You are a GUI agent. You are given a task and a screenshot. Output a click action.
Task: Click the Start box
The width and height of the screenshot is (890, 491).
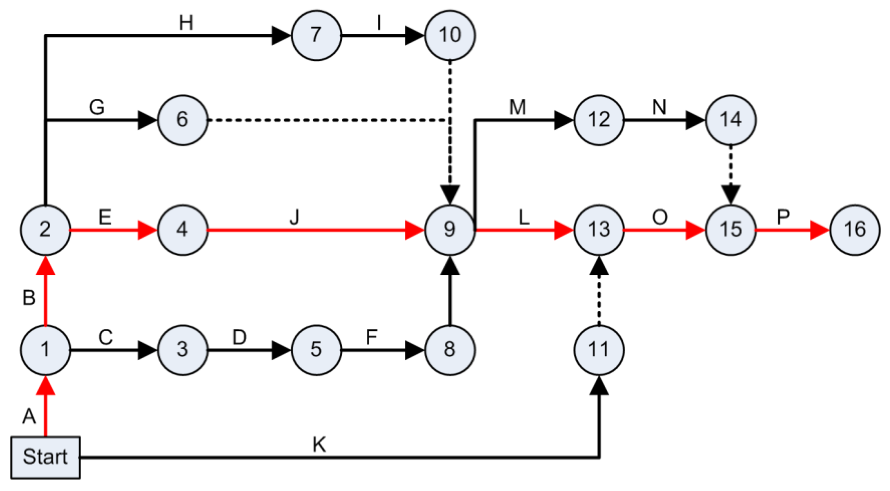(45, 458)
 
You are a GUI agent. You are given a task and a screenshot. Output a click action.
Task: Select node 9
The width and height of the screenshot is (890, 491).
(449, 230)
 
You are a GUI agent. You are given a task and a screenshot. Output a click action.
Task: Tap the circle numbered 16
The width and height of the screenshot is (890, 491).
(855, 230)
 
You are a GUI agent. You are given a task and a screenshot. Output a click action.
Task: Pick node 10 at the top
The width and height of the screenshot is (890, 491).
(449, 35)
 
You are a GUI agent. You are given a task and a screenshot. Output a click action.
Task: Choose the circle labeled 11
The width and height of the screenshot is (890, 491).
(599, 349)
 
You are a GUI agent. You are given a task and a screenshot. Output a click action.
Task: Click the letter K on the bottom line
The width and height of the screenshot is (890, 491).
(319, 445)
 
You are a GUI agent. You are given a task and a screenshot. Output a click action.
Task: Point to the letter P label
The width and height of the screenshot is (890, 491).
(783, 217)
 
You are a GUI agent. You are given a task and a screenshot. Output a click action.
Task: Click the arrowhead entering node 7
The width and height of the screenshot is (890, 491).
(281, 35)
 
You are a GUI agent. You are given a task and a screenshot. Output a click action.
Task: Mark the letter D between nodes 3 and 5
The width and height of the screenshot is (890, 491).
(239, 337)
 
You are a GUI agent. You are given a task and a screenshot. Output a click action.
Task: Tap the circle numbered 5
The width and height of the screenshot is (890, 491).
(316, 349)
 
